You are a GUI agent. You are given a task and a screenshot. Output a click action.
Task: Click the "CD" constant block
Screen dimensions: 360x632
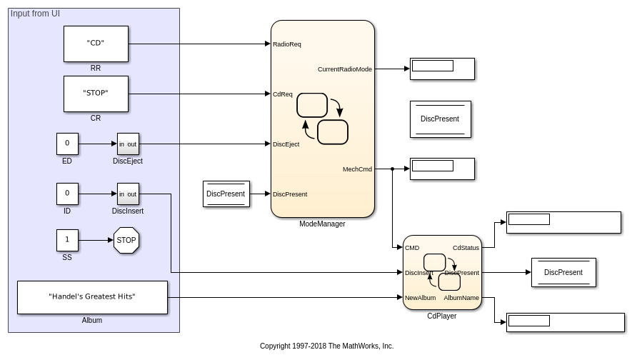[x=96, y=44]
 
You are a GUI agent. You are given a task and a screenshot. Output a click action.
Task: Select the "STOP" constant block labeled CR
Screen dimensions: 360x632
[x=96, y=94]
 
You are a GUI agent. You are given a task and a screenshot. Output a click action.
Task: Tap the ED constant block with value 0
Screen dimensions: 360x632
[x=67, y=144]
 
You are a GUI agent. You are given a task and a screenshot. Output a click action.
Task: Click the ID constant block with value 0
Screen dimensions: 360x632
[x=67, y=194]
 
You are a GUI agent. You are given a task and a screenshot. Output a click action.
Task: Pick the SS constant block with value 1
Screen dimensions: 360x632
[x=67, y=240]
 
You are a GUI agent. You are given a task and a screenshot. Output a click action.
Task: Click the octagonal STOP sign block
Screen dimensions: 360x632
[x=126, y=240]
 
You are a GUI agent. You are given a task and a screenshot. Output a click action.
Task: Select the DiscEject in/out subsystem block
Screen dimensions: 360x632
[x=128, y=144]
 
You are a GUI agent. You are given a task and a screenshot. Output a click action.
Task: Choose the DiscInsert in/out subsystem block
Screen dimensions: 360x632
[x=128, y=194]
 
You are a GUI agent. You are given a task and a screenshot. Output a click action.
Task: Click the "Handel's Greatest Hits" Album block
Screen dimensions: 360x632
[x=92, y=297]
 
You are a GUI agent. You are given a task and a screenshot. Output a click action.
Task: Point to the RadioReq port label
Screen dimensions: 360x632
[x=287, y=44]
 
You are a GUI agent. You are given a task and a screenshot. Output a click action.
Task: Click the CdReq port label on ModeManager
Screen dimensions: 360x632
[x=283, y=94]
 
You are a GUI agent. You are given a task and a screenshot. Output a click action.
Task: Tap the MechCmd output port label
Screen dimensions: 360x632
[x=357, y=169]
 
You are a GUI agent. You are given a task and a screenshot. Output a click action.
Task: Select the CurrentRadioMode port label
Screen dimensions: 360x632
[x=344, y=69]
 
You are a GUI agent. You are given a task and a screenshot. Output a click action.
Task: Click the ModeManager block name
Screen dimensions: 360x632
[x=322, y=224]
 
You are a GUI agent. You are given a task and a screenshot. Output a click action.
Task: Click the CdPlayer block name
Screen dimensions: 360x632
[x=441, y=316]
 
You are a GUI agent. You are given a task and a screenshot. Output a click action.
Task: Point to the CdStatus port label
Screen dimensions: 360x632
[x=466, y=248]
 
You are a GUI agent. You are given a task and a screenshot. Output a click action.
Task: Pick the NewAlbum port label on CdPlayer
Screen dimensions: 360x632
[x=420, y=298]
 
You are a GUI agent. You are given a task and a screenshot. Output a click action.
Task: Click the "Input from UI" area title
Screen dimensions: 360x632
[x=35, y=14]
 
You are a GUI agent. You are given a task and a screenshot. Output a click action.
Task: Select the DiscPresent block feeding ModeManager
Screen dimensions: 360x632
[x=226, y=194]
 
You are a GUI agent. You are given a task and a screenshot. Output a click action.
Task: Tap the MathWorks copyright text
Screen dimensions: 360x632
[x=326, y=346]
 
